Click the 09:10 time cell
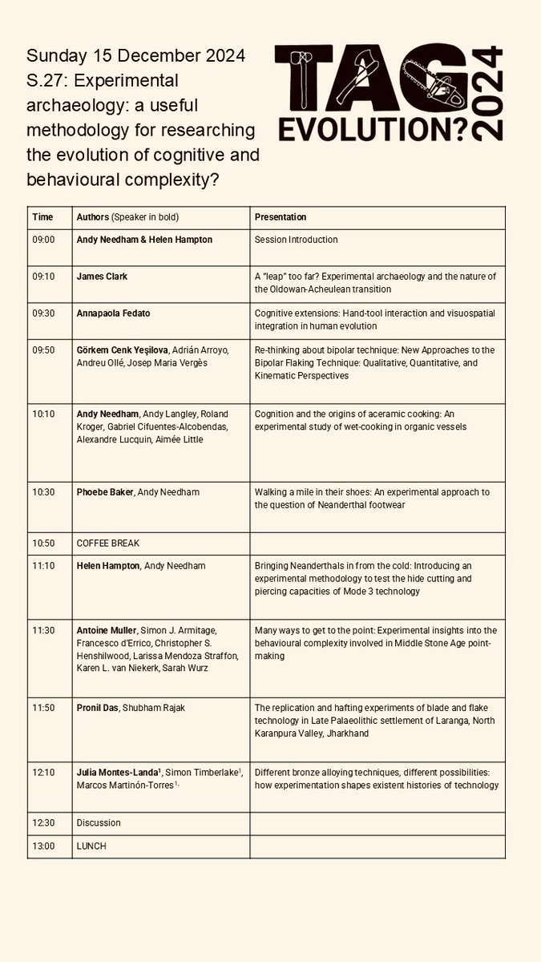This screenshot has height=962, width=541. [x=43, y=277]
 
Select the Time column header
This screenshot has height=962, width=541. [x=42, y=217]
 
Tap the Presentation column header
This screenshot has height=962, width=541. [x=280, y=217]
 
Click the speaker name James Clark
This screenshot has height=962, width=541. [x=102, y=277]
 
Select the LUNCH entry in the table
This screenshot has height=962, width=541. [x=91, y=846]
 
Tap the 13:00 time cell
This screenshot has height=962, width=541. [x=43, y=846]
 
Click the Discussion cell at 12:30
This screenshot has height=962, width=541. [x=99, y=823]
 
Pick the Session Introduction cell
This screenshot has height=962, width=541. [x=296, y=240]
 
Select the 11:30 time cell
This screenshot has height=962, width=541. [x=43, y=630]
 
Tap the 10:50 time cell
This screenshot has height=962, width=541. [x=43, y=544]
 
